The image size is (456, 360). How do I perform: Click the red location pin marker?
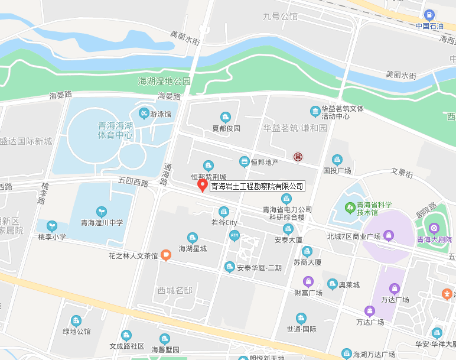pos(202,185)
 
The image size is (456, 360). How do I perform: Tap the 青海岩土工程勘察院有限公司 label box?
pos(257,186)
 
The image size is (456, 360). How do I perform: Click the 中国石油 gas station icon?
pos(429,15)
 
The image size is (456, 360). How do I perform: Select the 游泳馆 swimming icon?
pos(144,113)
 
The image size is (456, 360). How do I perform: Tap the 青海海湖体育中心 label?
pos(115,130)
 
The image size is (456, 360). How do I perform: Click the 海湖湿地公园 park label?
pos(164,81)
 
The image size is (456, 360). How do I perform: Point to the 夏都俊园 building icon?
pos(225,117)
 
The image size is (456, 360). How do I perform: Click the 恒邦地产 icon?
pos(244,161)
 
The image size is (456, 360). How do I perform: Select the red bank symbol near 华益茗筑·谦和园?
pos(298,157)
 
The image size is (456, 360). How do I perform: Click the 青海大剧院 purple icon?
pos(435,228)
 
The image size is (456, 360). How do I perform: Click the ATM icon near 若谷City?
pos(234,236)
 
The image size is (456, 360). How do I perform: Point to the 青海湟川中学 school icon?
pos(102,211)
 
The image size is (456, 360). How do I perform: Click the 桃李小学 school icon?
pos(52,226)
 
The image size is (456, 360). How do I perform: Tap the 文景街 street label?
pos(402,173)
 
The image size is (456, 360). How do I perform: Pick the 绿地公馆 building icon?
pos(76,320)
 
